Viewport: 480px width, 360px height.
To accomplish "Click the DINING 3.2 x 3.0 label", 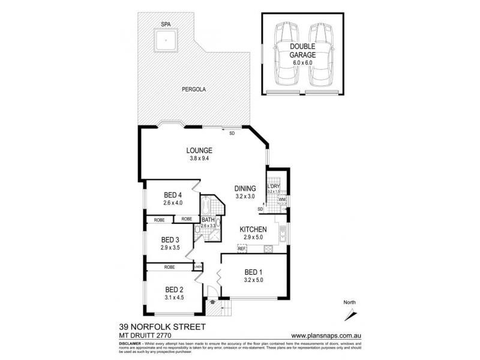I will (245, 191).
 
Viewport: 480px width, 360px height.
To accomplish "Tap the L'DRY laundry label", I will (274, 187).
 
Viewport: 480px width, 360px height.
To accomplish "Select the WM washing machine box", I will (282, 199).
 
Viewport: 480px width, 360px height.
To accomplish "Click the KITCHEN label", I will (253, 230).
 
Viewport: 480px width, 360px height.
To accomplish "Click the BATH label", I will (208, 220).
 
